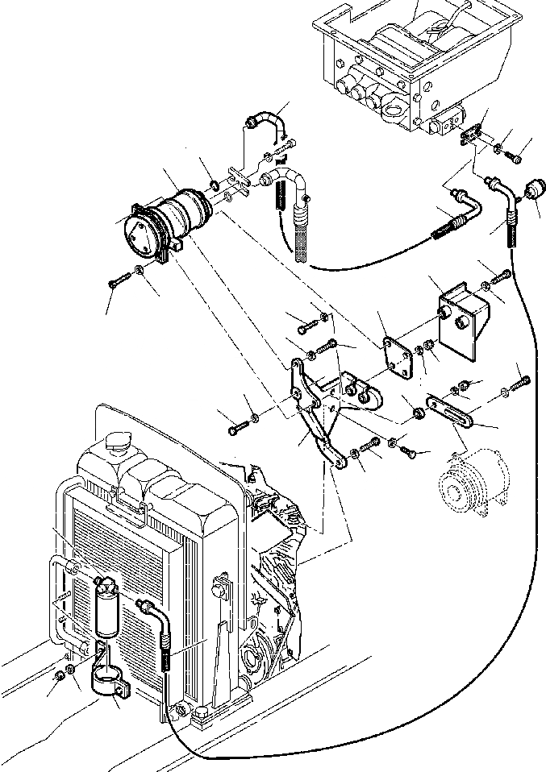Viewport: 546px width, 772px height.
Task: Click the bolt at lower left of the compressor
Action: (117, 279)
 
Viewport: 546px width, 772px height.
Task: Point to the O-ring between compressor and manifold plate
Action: (215, 188)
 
